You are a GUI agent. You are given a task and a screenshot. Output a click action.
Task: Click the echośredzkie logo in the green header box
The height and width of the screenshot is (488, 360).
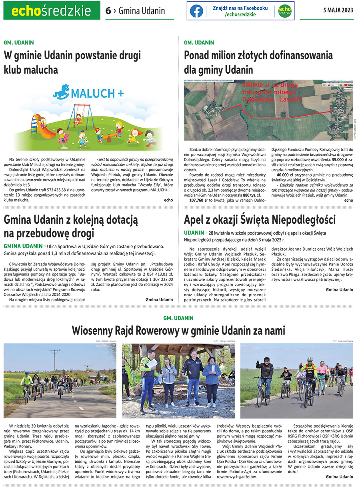52,11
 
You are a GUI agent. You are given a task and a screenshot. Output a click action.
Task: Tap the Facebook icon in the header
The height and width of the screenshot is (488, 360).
196,11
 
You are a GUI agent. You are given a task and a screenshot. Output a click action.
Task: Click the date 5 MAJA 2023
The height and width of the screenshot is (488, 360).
338,11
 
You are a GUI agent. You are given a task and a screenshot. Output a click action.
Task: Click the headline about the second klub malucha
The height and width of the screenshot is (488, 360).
72,62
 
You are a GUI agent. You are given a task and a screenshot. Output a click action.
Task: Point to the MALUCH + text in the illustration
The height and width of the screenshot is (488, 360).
98,93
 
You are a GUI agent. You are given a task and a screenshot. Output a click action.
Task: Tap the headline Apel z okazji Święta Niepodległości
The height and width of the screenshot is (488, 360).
260,219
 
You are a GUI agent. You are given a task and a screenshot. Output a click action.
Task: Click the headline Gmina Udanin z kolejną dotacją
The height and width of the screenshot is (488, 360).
71,226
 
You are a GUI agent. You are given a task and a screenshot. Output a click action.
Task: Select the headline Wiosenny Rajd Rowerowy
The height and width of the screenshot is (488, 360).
178,331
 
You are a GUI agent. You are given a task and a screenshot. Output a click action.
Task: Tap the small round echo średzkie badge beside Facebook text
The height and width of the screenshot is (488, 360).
284,11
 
